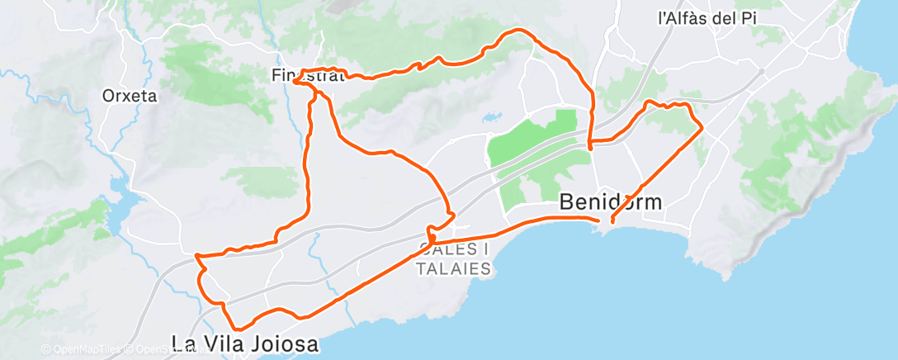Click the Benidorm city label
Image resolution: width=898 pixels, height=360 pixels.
coord(611,201)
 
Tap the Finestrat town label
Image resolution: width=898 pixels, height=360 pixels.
coord(307,75)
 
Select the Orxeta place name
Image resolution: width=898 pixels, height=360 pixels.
coord(130,95)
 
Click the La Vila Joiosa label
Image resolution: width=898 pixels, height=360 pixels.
coord(244,343)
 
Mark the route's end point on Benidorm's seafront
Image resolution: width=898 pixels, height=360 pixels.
coord(612,221)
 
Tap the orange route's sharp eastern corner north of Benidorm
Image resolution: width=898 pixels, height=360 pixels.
coord(702,128)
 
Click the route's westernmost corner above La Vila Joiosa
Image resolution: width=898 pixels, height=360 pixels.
coord(196,257)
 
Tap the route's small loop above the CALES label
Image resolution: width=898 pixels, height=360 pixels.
coord(431,232)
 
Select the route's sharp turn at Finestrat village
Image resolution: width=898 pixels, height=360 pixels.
coord(295,80)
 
